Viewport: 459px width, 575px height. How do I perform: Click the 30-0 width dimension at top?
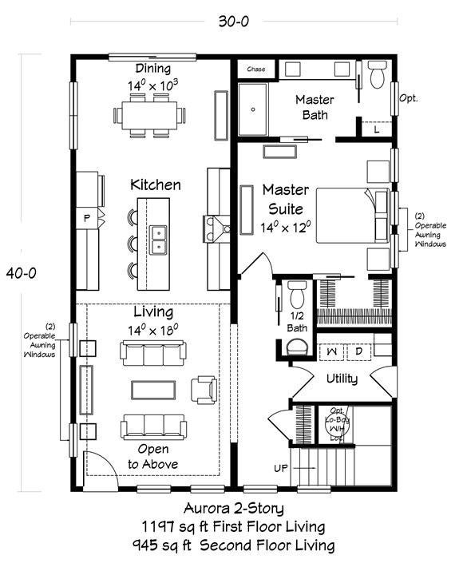pos(233,22)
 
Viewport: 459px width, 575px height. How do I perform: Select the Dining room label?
pos(152,69)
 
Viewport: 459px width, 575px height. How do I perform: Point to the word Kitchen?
pos(156,184)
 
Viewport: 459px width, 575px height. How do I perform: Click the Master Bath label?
pos(315,108)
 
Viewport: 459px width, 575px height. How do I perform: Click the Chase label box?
pos(255,69)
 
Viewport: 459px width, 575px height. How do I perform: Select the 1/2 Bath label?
pos(297,322)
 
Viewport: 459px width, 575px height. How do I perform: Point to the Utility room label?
pos(341,379)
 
